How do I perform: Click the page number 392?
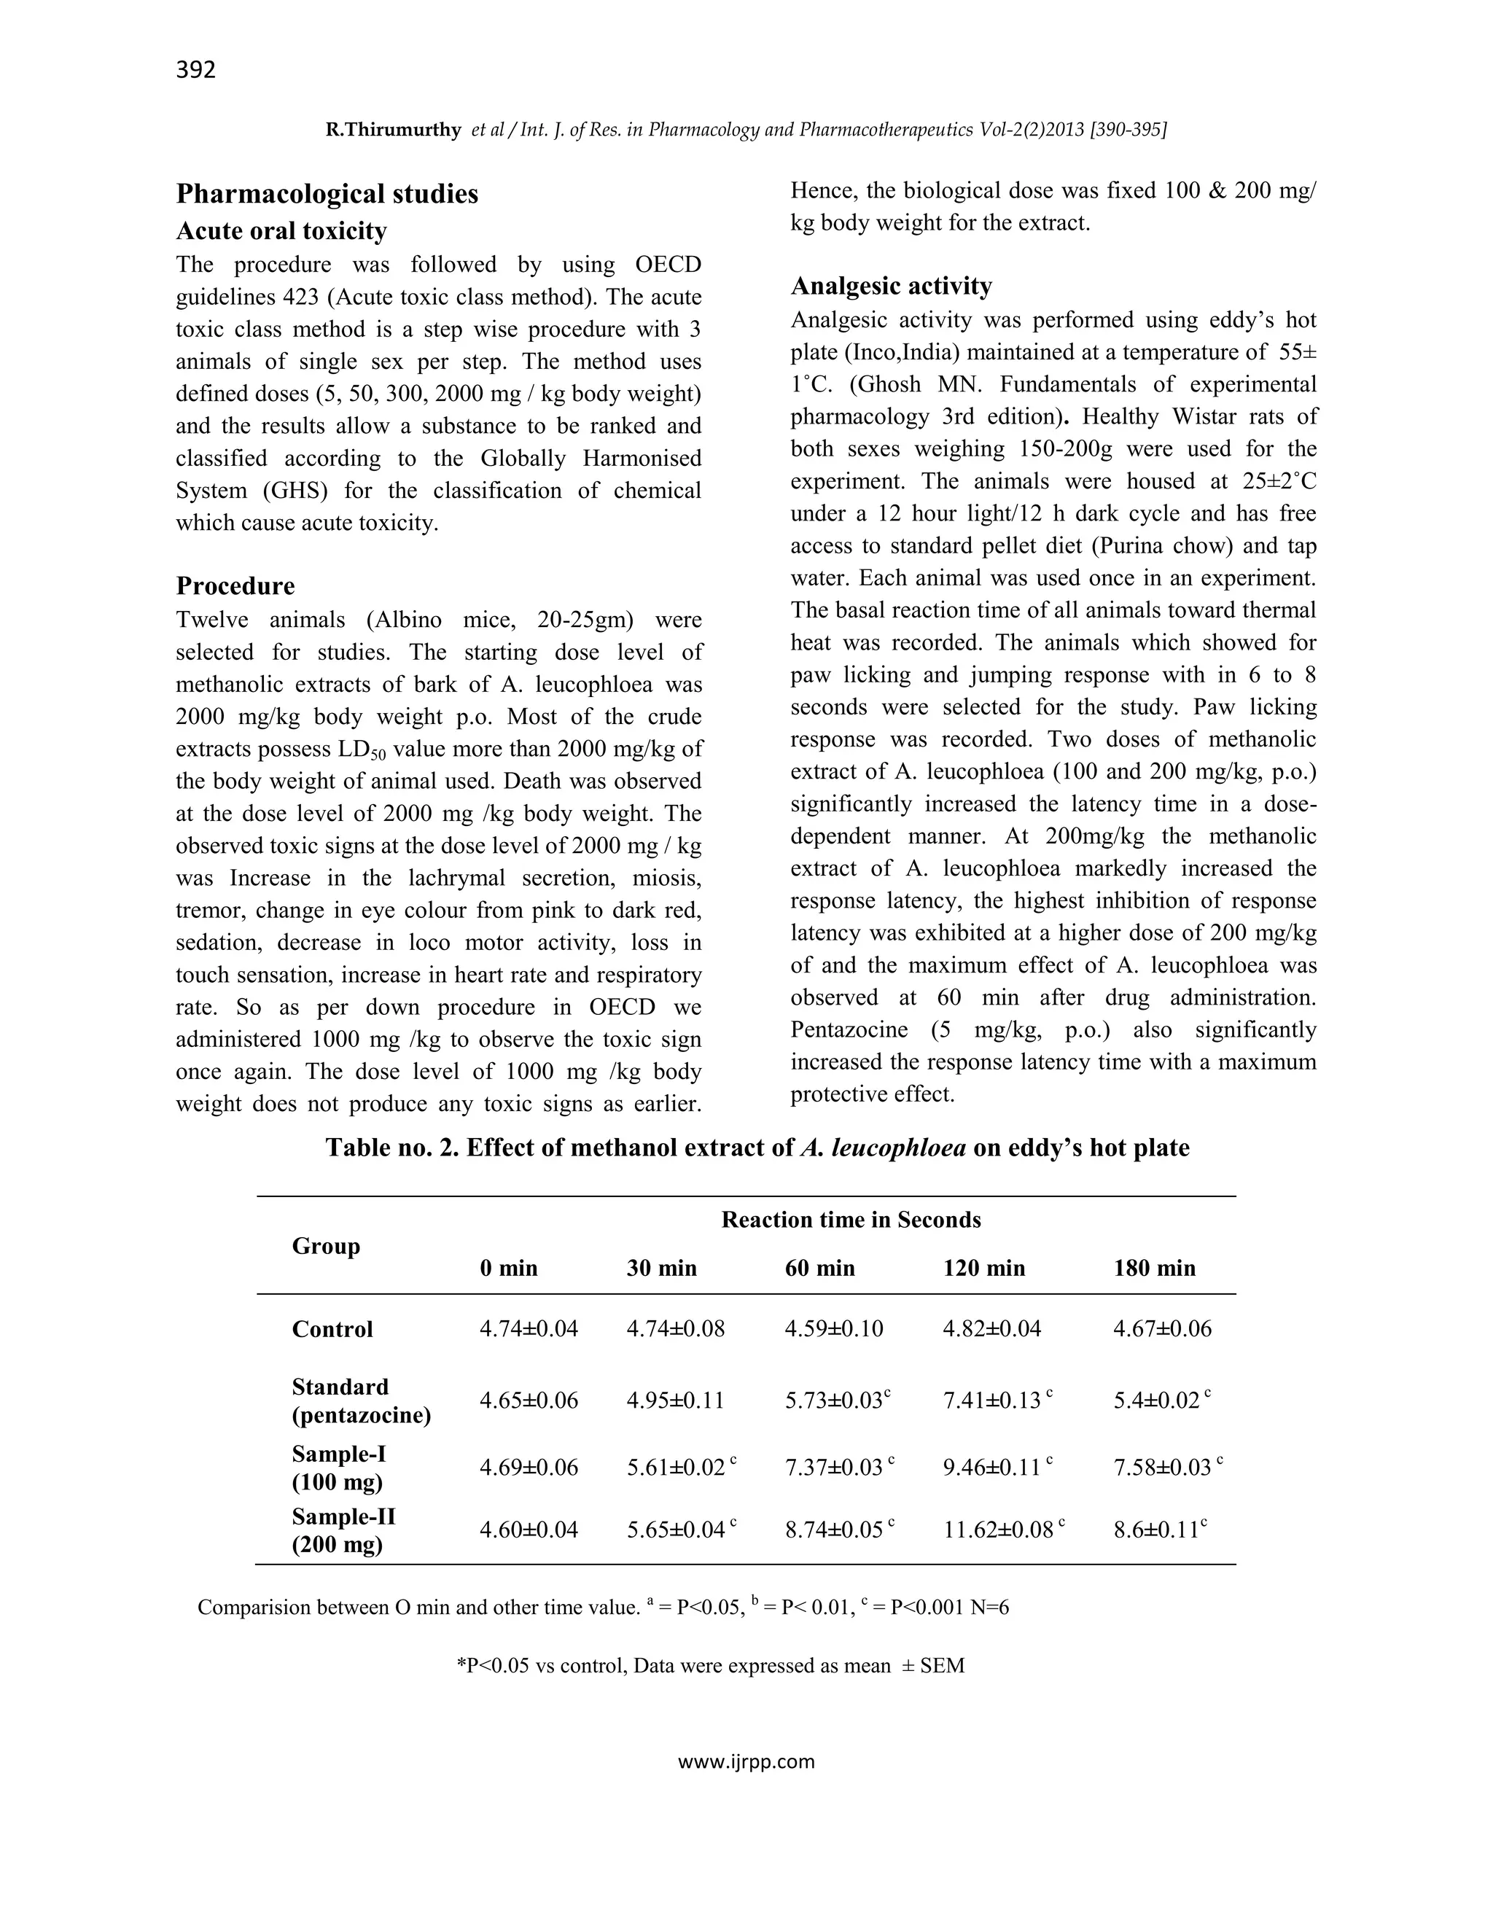tap(195, 70)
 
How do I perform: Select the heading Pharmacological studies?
tap(327, 194)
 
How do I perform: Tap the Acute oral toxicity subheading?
tap(281, 231)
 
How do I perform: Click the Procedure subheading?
tap(235, 585)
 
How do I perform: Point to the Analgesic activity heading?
tap(891, 286)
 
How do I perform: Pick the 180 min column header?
tap(1153, 1268)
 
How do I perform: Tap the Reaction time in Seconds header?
tap(850, 1220)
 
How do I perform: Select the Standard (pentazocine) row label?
tap(361, 1401)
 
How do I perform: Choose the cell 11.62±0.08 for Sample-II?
tap(998, 1530)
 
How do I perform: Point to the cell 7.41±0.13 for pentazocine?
tap(991, 1401)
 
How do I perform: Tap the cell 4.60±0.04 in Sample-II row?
tap(528, 1530)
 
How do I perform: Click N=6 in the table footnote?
tap(989, 1608)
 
